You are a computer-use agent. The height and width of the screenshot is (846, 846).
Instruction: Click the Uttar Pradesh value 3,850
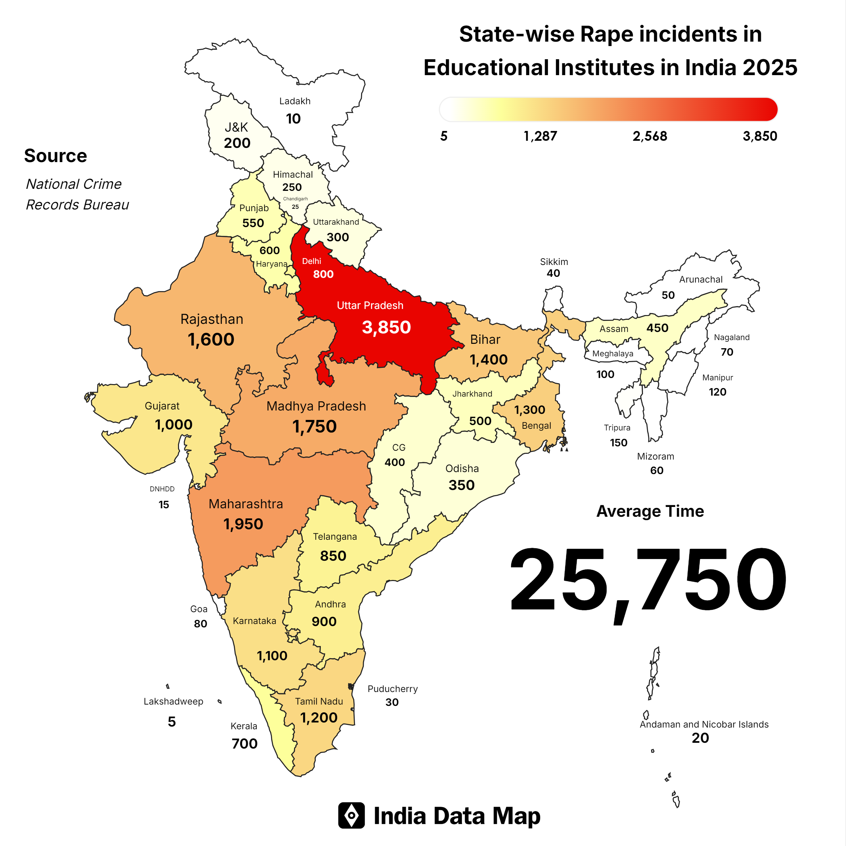pos(386,327)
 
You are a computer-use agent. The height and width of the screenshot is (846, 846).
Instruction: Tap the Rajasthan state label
pos(211,319)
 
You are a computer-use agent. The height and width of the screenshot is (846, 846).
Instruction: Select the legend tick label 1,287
pos(540,136)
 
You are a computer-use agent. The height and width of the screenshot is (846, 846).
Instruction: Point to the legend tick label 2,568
pos(650,136)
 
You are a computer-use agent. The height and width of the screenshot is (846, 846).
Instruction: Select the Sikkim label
pos(554,262)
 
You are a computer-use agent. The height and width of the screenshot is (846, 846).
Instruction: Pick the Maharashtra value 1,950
pos(243,524)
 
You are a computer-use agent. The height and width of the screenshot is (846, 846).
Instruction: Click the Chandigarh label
pos(295,199)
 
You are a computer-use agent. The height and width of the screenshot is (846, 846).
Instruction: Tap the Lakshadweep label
pos(173,701)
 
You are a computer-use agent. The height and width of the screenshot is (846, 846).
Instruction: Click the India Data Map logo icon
pos(351,815)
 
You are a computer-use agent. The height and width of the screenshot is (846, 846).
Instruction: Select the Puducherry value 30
pos(392,703)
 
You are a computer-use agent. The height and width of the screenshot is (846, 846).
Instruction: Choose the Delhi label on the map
pos(311,261)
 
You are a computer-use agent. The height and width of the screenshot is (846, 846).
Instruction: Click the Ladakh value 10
pos(293,119)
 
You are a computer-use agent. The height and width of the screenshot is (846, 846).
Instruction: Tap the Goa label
pos(199,609)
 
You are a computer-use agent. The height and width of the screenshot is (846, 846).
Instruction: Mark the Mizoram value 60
pos(656,470)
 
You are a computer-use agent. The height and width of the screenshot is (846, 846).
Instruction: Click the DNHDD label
pos(162,489)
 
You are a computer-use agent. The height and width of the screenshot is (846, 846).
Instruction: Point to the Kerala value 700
pos(244,743)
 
